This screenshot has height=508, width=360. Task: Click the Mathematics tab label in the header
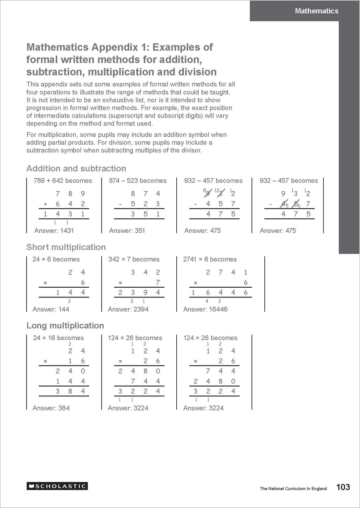click(316, 11)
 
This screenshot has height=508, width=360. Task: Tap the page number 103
click(343, 487)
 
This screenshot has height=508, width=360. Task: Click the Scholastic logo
click(57, 486)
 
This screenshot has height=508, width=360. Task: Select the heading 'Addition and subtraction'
click(76, 169)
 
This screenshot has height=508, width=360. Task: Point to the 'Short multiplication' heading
click(66, 247)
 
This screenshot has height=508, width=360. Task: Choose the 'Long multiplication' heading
click(65, 325)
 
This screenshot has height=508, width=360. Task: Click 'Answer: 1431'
click(54, 231)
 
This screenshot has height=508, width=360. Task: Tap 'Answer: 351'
click(127, 231)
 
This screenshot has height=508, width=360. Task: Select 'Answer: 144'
click(51, 309)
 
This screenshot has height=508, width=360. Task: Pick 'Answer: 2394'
click(128, 309)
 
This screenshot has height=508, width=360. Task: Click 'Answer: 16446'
click(205, 309)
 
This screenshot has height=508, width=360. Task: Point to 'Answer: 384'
click(51, 408)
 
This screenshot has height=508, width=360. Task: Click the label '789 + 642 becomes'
click(63, 181)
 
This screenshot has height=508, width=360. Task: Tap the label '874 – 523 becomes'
click(138, 181)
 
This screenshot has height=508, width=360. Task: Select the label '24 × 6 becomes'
click(56, 259)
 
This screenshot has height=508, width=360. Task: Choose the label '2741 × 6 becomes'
click(210, 259)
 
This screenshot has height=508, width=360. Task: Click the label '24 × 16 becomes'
click(58, 338)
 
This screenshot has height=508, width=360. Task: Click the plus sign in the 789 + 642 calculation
click(45, 204)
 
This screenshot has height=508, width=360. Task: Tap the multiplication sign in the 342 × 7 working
click(120, 283)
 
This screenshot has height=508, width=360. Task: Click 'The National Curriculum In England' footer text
click(293, 489)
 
